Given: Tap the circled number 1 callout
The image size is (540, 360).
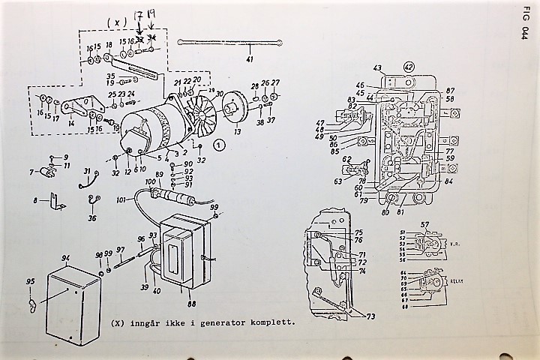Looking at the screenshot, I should click(218, 145).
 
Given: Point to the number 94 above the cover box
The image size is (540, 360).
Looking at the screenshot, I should click(66, 257).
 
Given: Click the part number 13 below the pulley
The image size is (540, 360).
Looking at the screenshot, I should click(238, 132).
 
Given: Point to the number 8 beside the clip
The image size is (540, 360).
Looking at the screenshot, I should click(34, 200).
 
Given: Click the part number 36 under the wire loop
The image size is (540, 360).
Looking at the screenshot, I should click(91, 218).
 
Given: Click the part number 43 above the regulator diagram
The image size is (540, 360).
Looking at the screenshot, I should click(376, 68).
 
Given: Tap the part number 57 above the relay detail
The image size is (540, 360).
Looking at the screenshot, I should click(424, 224).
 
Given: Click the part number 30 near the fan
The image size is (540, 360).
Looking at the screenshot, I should click(220, 94).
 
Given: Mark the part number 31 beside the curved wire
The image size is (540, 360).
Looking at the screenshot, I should click(86, 172).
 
